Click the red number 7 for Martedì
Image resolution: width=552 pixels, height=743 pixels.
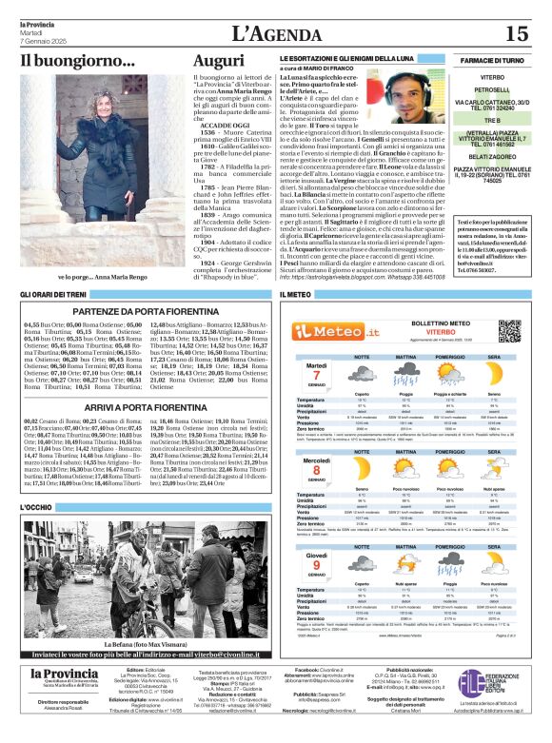coord(316,378)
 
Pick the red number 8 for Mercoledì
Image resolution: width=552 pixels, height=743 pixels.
coord(316,473)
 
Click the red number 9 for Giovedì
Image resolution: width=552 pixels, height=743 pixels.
coord(316,568)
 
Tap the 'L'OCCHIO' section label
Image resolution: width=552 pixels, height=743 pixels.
coord(37,508)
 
